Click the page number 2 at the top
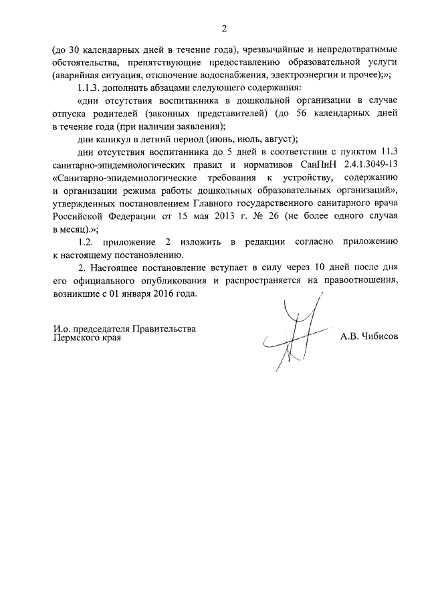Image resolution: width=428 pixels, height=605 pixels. [225, 28]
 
